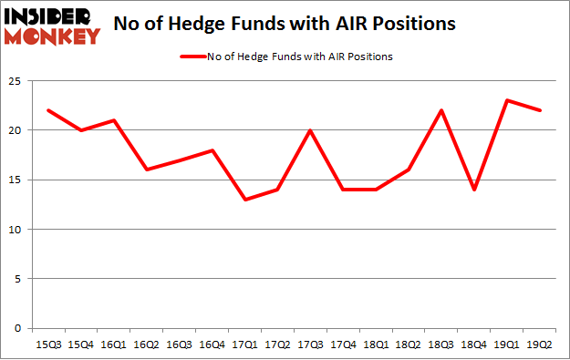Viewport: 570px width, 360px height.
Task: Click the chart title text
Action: pos(285,25)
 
